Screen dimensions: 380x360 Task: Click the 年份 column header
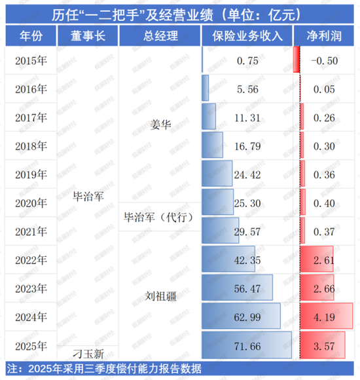click(30, 35)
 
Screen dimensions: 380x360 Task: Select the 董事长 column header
click(86, 35)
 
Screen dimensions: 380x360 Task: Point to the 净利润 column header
click(324, 35)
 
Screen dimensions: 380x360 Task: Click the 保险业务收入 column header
click(246, 35)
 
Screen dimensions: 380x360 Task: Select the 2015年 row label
click(30, 60)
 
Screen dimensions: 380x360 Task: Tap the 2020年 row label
click(30, 203)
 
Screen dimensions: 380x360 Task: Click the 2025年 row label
click(30, 345)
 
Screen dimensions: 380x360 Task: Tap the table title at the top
click(180, 12)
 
